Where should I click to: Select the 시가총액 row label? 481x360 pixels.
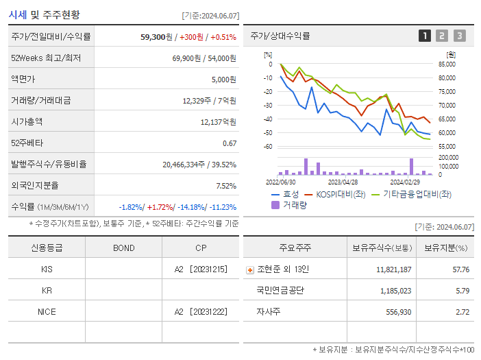click(27, 121)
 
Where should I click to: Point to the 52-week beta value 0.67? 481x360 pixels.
click(230, 143)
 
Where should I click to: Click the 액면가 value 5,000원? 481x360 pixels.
click(223, 80)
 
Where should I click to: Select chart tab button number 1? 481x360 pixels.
click(425, 36)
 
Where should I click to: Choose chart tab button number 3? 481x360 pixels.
click(459, 36)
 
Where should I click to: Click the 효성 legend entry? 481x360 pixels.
click(284, 195)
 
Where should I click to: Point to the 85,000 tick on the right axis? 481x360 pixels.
click(447, 64)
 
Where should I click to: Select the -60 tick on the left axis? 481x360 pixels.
click(268, 147)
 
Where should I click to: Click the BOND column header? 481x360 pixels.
click(123, 248)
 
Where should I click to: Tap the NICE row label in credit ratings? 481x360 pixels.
click(47, 311)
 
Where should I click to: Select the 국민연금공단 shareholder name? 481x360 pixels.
click(280, 291)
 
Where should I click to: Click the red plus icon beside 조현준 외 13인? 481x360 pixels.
click(250, 270)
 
